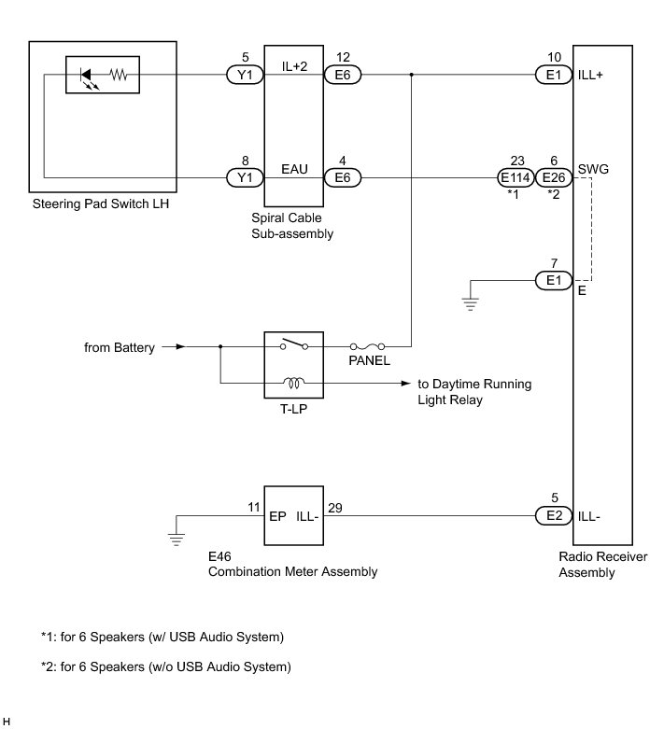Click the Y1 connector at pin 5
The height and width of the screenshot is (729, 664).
(x=246, y=75)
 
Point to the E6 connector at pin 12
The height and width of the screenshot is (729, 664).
(x=343, y=75)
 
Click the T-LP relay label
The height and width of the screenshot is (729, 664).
(x=293, y=409)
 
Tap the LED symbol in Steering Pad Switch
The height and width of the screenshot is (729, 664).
(x=87, y=75)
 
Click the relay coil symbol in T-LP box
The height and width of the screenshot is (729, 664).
(x=293, y=381)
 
